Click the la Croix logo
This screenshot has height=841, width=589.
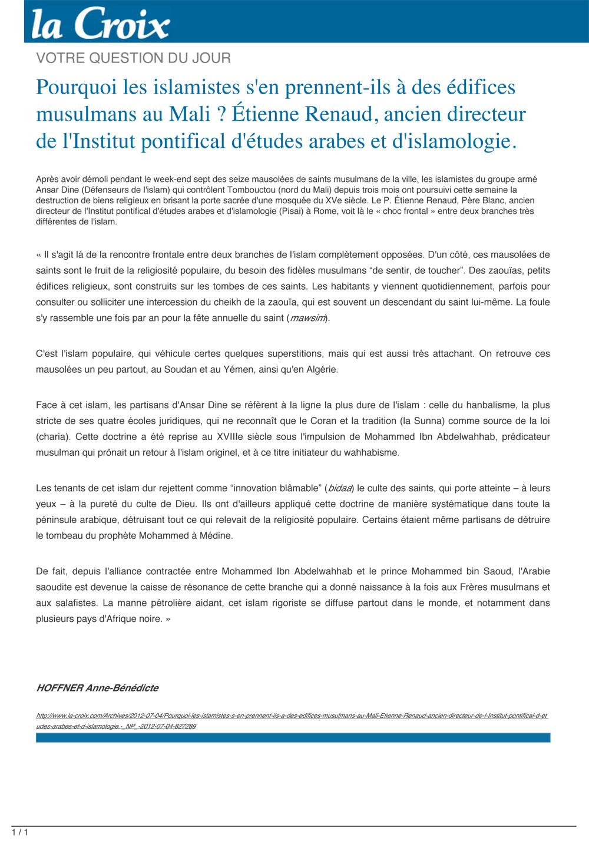click(100, 24)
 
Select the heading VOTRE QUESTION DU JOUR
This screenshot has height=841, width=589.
click(133, 58)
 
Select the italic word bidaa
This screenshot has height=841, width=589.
click(340, 488)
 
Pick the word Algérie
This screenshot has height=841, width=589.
click(320, 369)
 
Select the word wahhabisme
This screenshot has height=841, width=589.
click(372, 452)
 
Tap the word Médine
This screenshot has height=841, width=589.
click(216, 535)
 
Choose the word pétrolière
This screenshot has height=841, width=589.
click(176, 602)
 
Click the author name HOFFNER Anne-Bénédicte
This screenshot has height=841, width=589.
click(97, 688)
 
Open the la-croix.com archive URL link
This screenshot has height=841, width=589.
click(292, 716)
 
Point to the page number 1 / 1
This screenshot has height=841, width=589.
click(19, 832)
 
